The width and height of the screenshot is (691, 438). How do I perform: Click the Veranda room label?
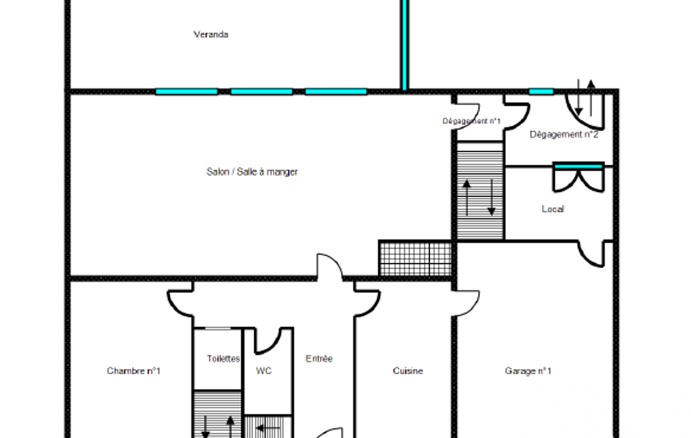(210, 34)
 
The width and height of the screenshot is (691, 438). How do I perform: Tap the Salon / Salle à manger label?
(252, 172)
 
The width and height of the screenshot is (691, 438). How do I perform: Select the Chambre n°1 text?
(133, 371)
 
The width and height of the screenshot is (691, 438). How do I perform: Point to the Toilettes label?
(223, 358)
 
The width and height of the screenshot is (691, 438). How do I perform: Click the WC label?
(264, 371)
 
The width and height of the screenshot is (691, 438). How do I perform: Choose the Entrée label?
(319, 358)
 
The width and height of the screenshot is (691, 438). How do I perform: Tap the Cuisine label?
(408, 371)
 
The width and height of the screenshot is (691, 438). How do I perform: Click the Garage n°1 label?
(528, 371)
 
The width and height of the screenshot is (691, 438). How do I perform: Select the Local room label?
(553, 209)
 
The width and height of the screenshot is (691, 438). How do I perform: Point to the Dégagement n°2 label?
(564, 134)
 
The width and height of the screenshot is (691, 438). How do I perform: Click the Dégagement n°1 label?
(471, 121)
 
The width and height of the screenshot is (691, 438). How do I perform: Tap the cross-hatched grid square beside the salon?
(415, 259)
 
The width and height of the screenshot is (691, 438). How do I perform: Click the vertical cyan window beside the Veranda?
(404, 44)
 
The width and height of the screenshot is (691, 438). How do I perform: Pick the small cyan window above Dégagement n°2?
(541, 92)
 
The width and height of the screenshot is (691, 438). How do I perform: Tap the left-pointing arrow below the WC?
(268, 427)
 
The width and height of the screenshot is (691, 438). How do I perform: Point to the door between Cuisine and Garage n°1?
(467, 303)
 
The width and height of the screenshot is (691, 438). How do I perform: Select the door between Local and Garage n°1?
(591, 254)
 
